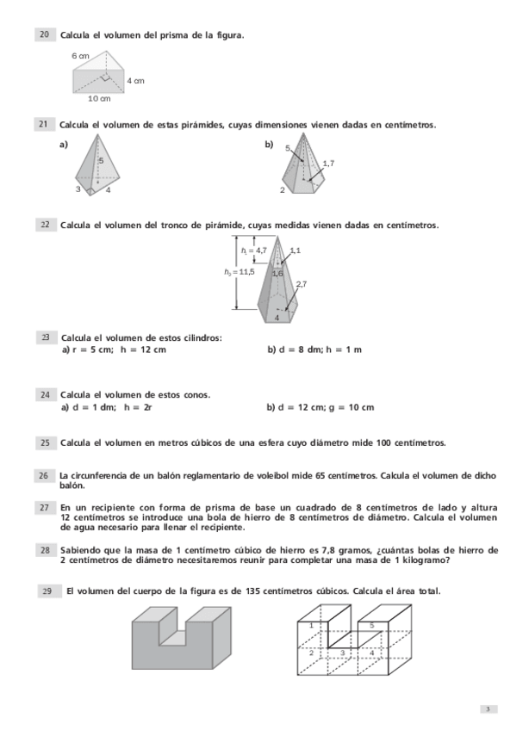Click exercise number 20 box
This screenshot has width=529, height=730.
44,34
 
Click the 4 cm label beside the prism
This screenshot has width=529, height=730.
135,80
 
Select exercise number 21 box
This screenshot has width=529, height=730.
44,125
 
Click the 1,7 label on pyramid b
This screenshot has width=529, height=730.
328,163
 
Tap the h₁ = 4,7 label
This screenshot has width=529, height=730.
255,250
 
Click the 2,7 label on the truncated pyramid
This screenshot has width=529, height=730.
301,283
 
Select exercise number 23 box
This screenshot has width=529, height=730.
44,337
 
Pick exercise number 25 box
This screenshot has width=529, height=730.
44,442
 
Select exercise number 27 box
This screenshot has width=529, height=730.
44,507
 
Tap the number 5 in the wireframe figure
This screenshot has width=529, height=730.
371,625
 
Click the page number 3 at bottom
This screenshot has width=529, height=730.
488,709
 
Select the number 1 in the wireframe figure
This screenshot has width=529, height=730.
311,626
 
